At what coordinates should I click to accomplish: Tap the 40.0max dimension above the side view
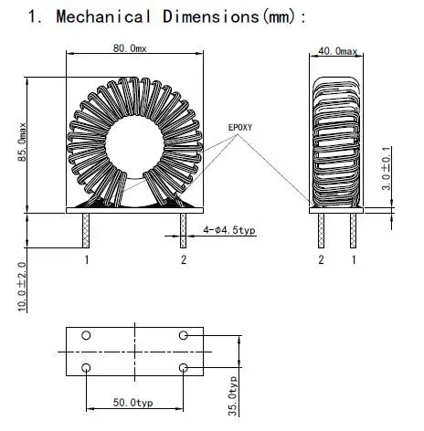tap(338, 54)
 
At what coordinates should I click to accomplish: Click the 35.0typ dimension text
tap(234, 394)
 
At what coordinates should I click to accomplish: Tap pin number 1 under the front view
tap(87, 261)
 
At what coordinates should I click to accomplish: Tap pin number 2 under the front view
tap(183, 261)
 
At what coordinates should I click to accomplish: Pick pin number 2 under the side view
tap(321, 261)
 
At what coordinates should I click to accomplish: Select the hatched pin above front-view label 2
tap(183, 232)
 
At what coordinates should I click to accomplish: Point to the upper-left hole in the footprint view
tap(86, 336)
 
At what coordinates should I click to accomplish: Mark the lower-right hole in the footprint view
tap(184, 368)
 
